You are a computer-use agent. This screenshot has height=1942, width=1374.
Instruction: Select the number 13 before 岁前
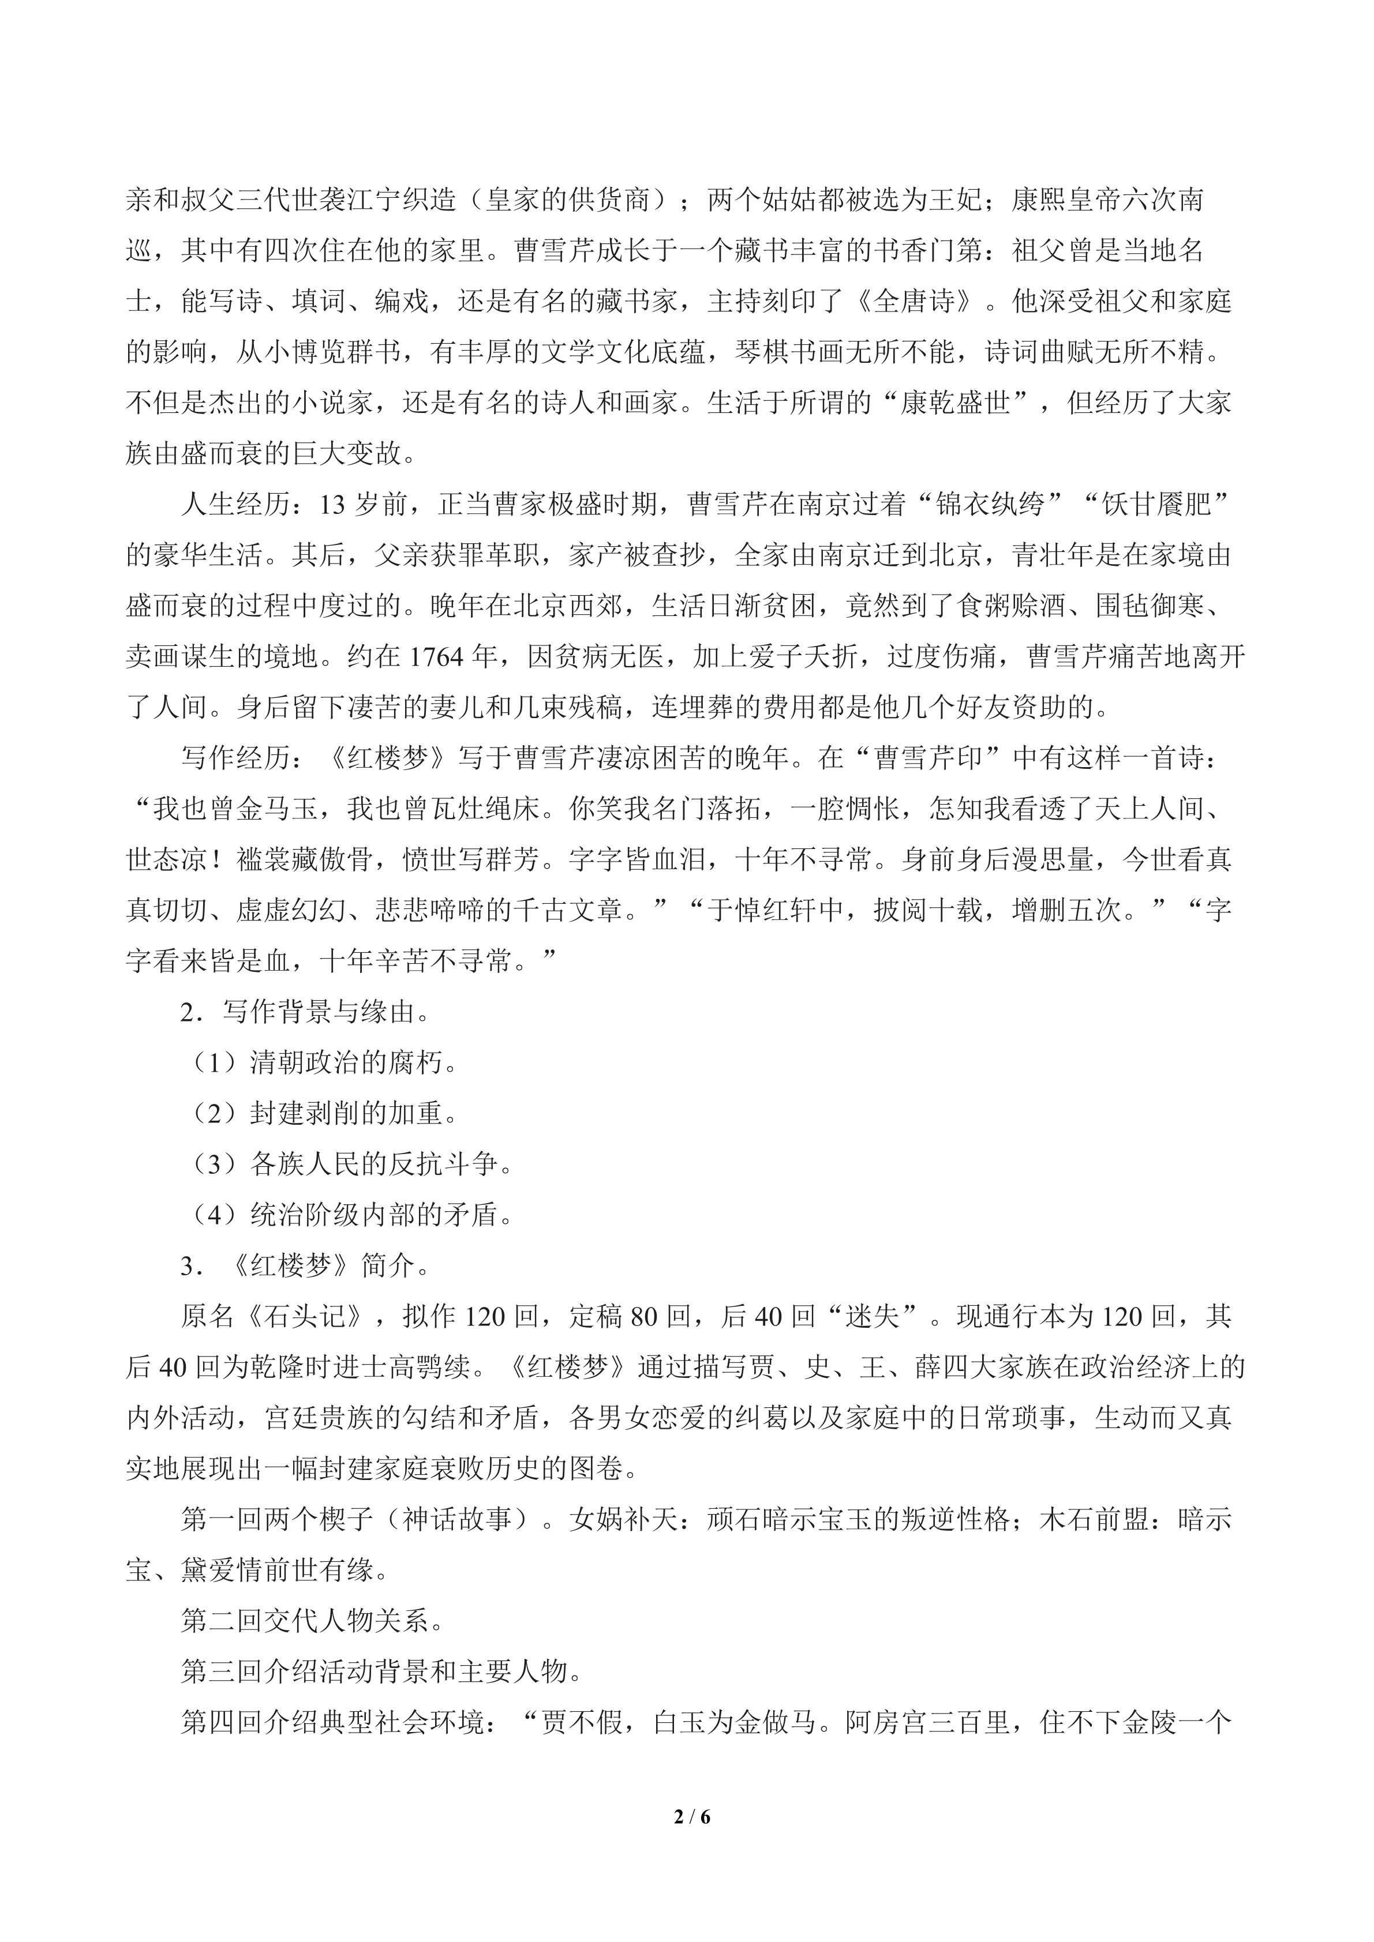332,505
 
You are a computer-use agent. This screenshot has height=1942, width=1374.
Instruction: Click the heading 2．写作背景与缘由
305,1012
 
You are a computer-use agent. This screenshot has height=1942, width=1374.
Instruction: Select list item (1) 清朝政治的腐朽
325,1063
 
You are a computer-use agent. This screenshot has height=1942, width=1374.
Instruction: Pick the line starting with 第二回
313,1621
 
